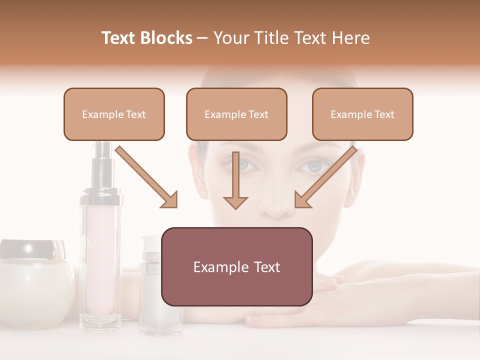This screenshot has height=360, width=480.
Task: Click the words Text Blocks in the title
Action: [147, 38]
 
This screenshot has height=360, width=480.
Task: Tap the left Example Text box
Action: [114, 114]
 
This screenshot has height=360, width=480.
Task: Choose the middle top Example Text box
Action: [236, 114]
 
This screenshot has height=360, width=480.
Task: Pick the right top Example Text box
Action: [362, 114]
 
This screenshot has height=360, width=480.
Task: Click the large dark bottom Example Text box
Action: [236, 266]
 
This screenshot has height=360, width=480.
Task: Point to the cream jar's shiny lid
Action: [33, 248]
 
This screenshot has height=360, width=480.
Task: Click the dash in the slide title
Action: [203, 38]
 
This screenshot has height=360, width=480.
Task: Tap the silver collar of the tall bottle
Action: [101, 196]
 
